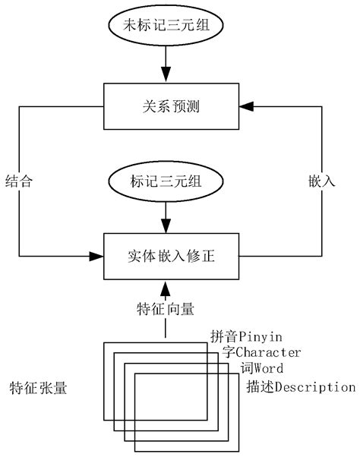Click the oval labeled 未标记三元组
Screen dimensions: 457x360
[165, 25]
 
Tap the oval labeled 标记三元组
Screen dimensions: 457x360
[165, 182]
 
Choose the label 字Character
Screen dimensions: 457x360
[262, 352]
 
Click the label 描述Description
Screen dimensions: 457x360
[301, 387]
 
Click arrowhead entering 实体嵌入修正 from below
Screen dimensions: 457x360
[165, 287]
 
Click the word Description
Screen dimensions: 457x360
[314, 387]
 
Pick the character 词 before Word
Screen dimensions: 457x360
[246, 369]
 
